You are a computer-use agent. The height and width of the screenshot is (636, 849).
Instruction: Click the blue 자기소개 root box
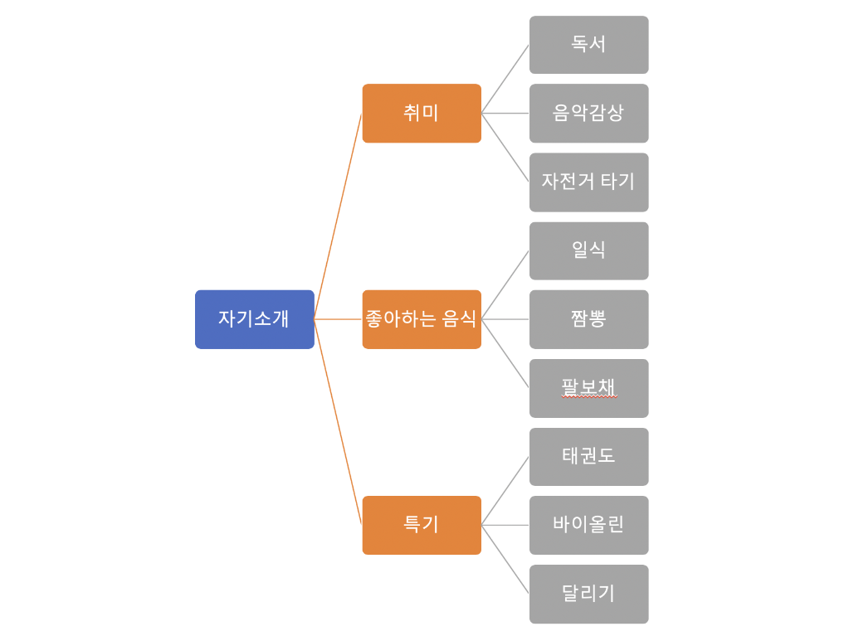(x=254, y=319)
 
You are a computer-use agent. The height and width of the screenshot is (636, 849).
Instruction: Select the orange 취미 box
(x=422, y=113)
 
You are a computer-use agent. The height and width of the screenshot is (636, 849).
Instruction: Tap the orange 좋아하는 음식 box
(x=422, y=319)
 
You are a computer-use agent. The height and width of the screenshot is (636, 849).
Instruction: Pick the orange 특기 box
(x=422, y=525)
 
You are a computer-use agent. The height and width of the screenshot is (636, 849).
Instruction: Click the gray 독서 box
(x=588, y=45)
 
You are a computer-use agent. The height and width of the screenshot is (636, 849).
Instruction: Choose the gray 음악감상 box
(x=588, y=113)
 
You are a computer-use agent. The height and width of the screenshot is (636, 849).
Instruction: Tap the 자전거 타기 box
(x=588, y=182)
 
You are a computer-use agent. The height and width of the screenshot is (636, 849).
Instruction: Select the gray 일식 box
(x=588, y=250)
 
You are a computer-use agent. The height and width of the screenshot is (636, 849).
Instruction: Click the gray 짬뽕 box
(x=588, y=319)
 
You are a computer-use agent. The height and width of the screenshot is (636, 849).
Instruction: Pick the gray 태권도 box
(x=588, y=457)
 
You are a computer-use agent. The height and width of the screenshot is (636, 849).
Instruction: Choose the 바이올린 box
(x=588, y=525)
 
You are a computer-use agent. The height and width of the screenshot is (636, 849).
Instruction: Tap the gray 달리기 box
(x=588, y=594)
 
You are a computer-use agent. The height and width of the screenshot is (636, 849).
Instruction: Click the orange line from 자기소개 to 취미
(x=338, y=216)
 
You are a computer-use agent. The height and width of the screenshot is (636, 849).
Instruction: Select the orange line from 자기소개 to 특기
(x=338, y=421)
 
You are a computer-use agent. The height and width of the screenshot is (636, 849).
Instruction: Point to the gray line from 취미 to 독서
(x=505, y=79)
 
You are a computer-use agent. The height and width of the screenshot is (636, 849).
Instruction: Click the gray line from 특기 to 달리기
(x=505, y=559)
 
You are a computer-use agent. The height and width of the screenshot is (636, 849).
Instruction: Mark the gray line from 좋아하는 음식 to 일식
(x=505, y=285)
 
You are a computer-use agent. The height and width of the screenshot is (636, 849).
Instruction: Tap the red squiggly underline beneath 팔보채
(x=588, y=397)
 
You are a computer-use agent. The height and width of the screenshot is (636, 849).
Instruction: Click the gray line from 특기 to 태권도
(x=505, y=491)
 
